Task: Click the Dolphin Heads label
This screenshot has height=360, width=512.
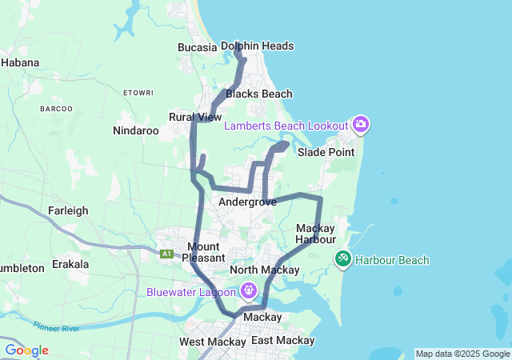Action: point(257,46)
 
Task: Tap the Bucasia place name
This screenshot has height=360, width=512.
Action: point(197,47)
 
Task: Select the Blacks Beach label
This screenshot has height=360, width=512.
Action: point(258,94)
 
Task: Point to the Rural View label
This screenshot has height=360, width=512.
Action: point(195,117)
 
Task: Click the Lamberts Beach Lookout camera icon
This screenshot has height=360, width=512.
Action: point(361,124)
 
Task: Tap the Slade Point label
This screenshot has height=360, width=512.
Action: point(326,152)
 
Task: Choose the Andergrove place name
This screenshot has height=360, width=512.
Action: point(247,202)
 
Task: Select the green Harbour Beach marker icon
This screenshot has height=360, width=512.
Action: point(342,259)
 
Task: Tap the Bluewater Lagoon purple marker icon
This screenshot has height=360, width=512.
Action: point(249,290)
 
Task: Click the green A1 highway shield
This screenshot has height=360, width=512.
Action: point(166,254)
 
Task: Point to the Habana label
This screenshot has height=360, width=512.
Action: point(20,62)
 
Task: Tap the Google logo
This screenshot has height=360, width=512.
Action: point(26,350)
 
